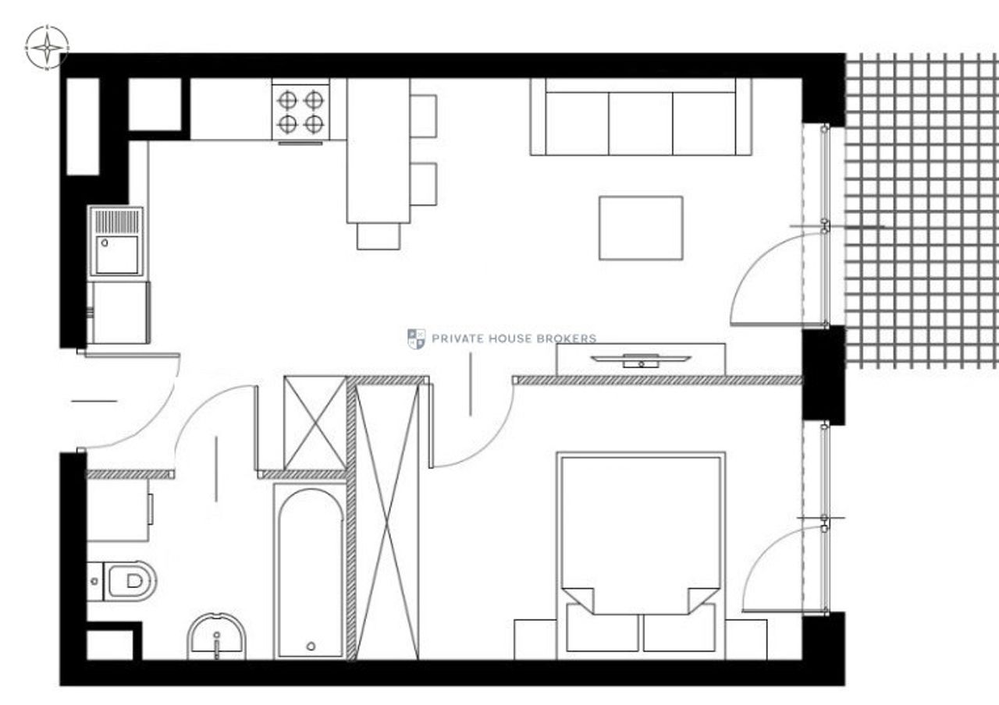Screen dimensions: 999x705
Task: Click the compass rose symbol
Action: tap(47, 48)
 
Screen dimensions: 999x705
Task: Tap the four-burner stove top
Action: tap(300, 112)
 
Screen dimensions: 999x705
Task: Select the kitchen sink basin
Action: tap(117, 255)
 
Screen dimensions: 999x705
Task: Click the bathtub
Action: tap(311, 572)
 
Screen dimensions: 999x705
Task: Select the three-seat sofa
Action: tap(641, 117)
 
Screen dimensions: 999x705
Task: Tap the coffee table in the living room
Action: tap(641, 228)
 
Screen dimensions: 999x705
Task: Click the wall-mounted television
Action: tap(641, 360)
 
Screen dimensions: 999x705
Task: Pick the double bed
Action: tap(641, 556)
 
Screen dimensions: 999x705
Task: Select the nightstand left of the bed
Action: tap(535, 639)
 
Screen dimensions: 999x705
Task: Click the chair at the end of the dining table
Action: tap(379, 236)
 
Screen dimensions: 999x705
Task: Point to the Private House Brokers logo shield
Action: tap(416, 338)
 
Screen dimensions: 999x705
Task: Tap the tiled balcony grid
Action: tap(922, 211)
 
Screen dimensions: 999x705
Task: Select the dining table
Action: tap(379, 151)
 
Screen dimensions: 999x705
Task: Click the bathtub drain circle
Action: tap(311, 646)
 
